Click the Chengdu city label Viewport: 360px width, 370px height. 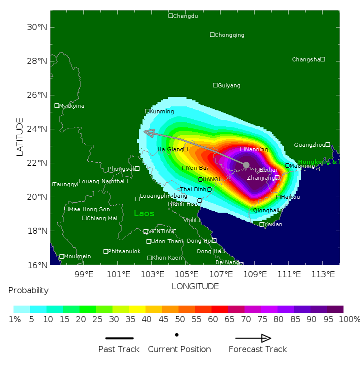tap(185, 16)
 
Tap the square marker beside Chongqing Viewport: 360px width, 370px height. tap(212, 35)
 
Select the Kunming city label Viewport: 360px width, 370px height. tap(162, 111)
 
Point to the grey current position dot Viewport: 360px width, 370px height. tap(246, 165)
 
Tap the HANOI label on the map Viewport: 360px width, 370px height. tap(211, 179)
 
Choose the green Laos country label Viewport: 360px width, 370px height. tap(144, 214)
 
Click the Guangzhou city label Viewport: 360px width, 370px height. tap(309, 145)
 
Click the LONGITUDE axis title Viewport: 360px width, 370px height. tap(195, 286)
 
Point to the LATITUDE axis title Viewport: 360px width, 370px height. tap(20, 137)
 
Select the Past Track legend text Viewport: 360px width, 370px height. tap(119, 349)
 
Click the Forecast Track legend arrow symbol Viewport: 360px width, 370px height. tap(253, 338)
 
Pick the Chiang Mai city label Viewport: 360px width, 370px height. tap(102, 218)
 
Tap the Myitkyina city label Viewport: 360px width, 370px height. tap(72, 106)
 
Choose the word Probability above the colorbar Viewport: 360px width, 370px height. tap(28, 291)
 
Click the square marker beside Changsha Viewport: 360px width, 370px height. tap(323, 59)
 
